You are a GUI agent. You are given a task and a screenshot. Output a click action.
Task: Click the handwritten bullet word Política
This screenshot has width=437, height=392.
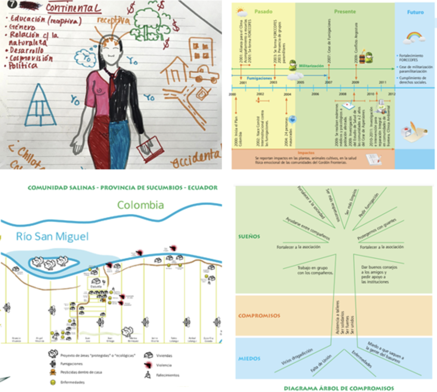point(23,66)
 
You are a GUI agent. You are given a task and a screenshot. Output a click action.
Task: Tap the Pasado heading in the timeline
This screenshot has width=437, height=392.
point(263,12)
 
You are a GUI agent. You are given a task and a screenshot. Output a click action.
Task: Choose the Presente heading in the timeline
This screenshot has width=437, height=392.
point(345,12)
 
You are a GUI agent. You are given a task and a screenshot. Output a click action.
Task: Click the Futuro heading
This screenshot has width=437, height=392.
point(415,12)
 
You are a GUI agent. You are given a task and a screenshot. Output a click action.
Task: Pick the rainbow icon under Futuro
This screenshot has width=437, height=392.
point(415,37)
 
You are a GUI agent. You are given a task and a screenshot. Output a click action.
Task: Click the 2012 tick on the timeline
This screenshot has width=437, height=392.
point(391,94)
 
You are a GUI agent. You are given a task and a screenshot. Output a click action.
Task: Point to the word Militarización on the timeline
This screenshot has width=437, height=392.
point(311,66)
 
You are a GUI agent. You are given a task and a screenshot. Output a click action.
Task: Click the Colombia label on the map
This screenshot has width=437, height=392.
point(140,205)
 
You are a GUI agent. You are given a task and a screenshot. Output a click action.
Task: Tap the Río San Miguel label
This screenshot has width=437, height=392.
point(52,236)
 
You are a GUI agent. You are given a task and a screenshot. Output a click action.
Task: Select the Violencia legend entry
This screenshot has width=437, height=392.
point(164,365)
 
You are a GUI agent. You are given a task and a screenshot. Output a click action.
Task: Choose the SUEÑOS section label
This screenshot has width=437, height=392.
point(249,236)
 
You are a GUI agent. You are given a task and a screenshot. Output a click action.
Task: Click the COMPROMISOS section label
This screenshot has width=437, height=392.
point(259,315)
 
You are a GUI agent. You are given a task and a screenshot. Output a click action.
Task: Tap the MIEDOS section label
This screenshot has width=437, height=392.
point(249,358)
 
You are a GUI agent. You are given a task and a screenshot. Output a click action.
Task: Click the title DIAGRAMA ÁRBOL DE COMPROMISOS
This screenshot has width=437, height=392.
point(339,388)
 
